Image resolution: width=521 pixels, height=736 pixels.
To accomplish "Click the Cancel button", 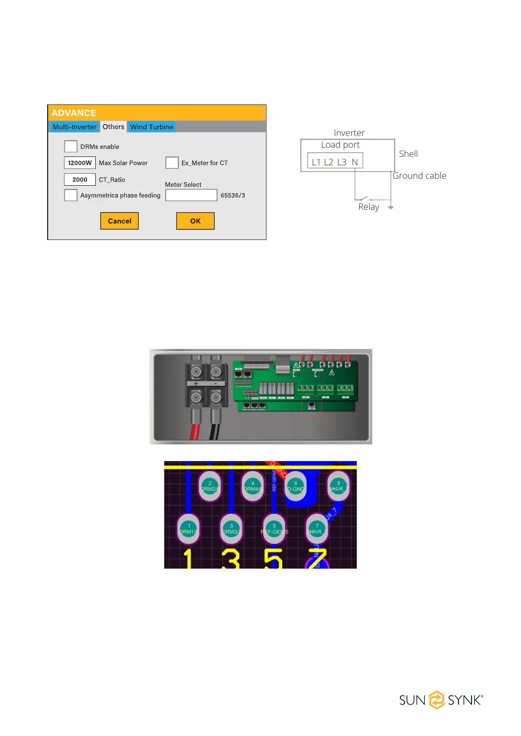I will [x=119, y=221].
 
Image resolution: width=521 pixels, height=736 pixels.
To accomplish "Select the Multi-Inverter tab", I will [x=74, y=127].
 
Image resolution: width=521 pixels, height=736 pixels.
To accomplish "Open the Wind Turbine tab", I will [x=152, y=127].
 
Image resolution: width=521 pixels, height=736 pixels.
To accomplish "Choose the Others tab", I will [x=113, y=127].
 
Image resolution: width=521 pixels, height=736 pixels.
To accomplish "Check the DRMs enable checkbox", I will [x=71, y=146].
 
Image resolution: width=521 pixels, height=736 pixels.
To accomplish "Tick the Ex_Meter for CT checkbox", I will [x=172, y=163].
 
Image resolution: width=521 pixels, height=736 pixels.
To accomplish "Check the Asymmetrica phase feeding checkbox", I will [x=71, y=195].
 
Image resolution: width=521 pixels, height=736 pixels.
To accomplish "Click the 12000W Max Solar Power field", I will [x=80, y=163].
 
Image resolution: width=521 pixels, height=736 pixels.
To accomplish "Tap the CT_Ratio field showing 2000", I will [x=80, y=179].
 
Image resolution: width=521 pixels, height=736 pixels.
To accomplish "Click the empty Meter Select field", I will [x=191, y=195].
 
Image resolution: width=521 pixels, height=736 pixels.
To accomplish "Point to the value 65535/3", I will [x=233, y=195].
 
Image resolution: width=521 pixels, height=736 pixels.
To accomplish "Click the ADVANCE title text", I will [x=74, y=113].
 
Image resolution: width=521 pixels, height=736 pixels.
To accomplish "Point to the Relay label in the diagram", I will [x=369, y=207].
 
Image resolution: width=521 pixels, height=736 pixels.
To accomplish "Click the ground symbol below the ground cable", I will [x=391, y=207].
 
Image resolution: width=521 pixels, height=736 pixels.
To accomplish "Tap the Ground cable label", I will [x=420, y=176].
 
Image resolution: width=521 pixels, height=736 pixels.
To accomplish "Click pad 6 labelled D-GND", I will [x=296, y=486].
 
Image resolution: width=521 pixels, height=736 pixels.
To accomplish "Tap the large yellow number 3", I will [x=231, y=559].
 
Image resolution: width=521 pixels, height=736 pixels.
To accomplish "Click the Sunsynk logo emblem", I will [x=437, y=700].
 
